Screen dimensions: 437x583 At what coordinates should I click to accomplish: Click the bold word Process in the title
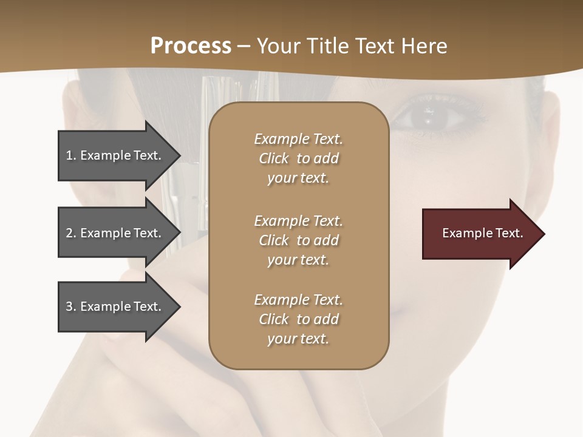[x=191, y=46]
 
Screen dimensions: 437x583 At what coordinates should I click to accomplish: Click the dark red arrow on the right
[x=480, y=234]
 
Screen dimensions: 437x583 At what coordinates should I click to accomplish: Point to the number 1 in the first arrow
[x=69, y=155]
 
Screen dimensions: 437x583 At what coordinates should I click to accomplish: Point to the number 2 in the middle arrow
[x=69, y=233]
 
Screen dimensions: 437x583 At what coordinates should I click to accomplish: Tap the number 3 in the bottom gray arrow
[x=69, y=307]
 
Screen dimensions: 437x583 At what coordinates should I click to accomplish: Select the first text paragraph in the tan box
[x=298, y=158]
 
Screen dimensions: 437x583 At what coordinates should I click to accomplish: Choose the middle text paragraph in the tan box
[x=298, y=240]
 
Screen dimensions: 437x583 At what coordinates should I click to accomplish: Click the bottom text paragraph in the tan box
[x=298, y=319]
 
